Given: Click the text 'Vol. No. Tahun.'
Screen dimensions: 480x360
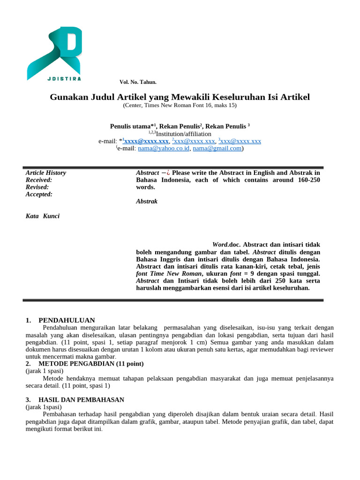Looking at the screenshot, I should (x=138, y=82).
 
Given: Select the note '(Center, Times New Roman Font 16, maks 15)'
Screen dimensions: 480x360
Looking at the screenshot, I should (x=180, y=105).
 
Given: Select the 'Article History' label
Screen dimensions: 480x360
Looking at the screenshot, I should (x=45, y=172).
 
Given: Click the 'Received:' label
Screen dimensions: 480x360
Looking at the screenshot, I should (x=39, y=180).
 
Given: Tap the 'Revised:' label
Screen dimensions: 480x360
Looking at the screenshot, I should (x=37, y=187).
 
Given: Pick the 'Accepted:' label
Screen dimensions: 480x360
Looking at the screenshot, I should (x=39, y=194).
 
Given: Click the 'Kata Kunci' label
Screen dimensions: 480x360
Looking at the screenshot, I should (x=43, y=216).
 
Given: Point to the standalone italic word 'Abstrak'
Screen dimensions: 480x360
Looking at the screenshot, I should (x=147, y=201).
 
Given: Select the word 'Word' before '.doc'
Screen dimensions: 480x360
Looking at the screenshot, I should (x=220, y=245).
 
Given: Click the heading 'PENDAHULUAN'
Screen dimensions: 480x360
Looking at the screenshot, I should (x=67, y=320).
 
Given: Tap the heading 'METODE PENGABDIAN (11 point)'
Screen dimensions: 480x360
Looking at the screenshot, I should (x=91, y=364).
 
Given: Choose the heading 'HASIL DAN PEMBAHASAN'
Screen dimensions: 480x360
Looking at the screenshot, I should (x=81, y=400).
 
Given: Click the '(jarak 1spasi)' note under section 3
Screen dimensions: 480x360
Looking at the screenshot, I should (x=44, y=407).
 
